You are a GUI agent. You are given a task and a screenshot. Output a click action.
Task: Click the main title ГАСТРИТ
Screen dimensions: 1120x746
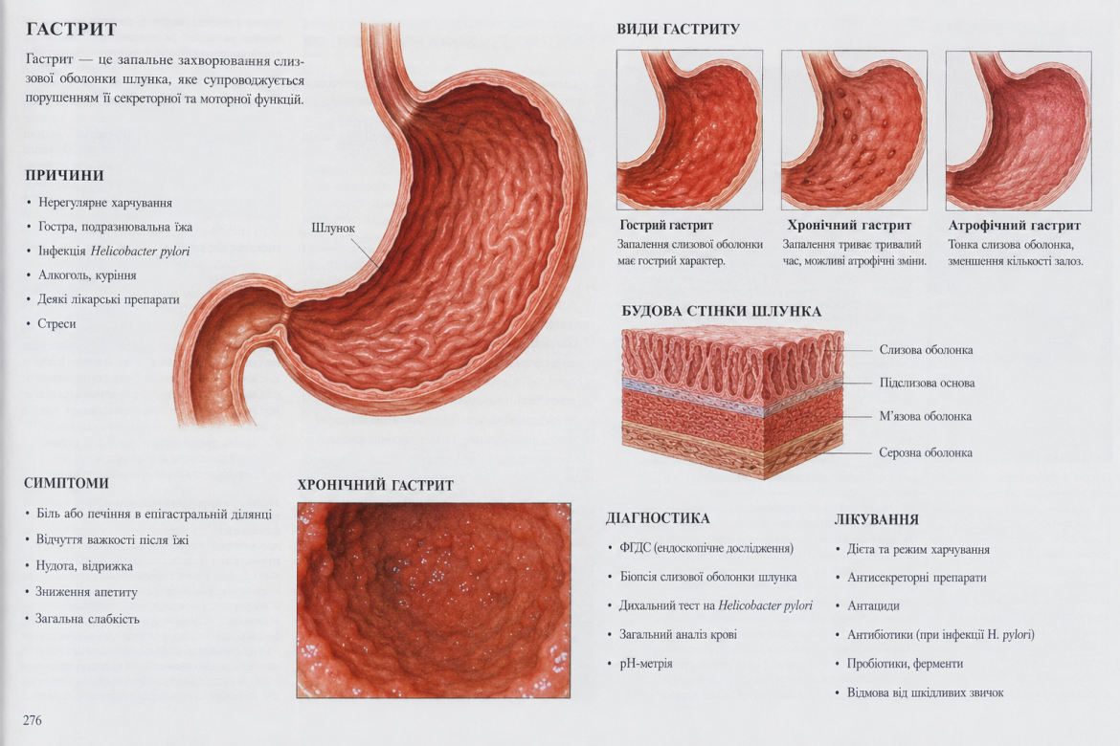[x=72, y=30]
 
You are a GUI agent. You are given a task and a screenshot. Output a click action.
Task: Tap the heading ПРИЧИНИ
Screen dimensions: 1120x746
[x=64, y=176]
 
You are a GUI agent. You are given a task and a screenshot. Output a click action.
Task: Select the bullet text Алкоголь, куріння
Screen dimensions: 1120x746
[x=87, y=274]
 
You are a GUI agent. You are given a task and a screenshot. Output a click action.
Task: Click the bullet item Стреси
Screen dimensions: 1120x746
[x=56, y=323]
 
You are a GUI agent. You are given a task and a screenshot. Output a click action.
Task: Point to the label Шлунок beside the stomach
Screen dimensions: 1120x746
[x=333, y=228]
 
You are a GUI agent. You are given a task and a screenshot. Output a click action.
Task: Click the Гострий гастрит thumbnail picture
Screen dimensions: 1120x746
[x=689, y=130]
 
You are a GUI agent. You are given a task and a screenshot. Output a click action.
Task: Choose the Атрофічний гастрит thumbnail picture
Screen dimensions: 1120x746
[x=1019, y=131]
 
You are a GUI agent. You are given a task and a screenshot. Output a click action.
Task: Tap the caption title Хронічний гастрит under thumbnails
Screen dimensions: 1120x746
[x=849, y=226]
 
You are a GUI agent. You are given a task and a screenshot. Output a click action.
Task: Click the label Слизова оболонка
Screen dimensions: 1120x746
[x=926, y=350]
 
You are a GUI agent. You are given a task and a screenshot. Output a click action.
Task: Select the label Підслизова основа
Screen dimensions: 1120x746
[x=928, y=383]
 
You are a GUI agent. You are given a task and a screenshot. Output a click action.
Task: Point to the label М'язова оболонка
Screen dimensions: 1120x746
[x=925, y=416]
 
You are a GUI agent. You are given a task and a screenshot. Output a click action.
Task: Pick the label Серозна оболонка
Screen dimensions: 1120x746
[x=926, y=452]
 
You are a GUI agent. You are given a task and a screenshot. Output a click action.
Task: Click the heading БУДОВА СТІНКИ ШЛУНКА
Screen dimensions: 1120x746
[x=722, y=311]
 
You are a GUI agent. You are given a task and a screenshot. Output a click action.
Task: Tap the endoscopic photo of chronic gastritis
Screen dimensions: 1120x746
[x=434, y=601]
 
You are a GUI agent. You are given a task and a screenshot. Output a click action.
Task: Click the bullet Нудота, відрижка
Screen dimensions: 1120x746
[x=84, y=566]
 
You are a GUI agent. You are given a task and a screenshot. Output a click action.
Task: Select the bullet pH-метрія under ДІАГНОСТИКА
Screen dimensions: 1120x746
[x=646, y=663]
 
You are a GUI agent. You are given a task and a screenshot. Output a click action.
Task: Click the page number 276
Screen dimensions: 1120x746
[x=33, y=720]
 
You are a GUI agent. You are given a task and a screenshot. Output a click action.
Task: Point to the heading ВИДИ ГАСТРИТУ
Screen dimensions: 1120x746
[x=678, y=30]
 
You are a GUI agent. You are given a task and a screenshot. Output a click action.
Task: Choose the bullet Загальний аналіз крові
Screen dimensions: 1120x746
[x=678, y=634]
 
